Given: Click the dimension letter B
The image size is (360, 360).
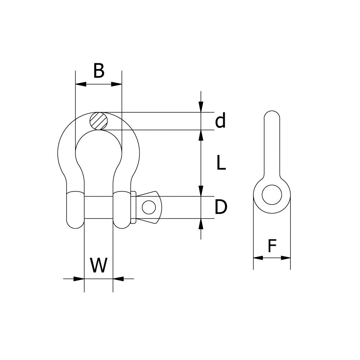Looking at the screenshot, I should coord(99,71).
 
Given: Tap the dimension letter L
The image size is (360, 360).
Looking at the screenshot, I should coord(221,163).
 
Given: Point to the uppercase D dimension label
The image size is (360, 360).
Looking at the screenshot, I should coord(221,207).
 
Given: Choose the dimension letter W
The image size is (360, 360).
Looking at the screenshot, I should coord(99,266).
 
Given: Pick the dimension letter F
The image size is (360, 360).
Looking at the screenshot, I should coord(272,247).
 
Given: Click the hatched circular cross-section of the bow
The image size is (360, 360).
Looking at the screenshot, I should coord(99,121).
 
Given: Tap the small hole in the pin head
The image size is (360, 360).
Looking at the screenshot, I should coord(149,207).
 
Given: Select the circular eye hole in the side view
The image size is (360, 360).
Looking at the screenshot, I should coord(271,195).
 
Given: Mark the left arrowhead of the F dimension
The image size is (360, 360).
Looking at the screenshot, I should coord(258,258).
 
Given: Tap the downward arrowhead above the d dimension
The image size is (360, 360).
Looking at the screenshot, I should coord(201,107).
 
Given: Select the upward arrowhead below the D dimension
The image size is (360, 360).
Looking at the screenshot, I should coord(201,224).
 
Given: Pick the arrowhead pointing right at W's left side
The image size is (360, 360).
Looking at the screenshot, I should coord(79,278).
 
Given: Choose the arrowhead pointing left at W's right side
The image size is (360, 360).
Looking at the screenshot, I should coord(118,278).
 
